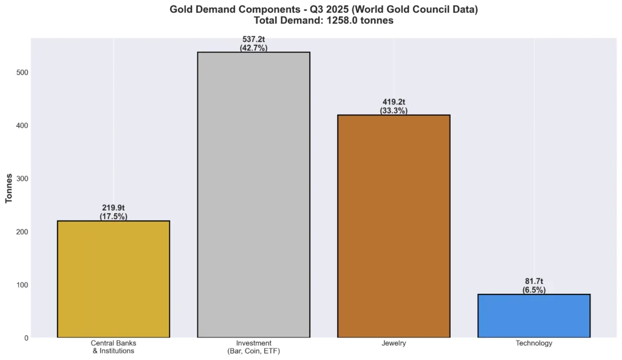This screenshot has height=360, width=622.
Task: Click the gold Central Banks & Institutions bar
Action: [113, 279]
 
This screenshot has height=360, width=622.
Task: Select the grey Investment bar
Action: [253, 194]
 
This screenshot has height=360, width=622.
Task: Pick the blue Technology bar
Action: [534, 316]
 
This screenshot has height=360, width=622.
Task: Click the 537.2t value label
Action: [253, 40]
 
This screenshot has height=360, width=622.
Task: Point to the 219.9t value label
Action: [113, 208]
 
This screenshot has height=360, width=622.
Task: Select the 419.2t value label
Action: [394, 103]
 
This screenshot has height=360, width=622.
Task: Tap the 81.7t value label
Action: [534, 282]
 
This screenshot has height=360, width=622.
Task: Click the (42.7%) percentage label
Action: [253, 48]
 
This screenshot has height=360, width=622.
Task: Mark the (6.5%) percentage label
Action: [534, 290]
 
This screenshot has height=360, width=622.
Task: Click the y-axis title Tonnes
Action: [9, 188]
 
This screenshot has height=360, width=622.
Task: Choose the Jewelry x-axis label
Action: [394, 344]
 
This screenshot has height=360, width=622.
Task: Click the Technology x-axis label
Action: [534, 344]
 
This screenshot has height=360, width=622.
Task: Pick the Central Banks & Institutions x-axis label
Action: [113, 347]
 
